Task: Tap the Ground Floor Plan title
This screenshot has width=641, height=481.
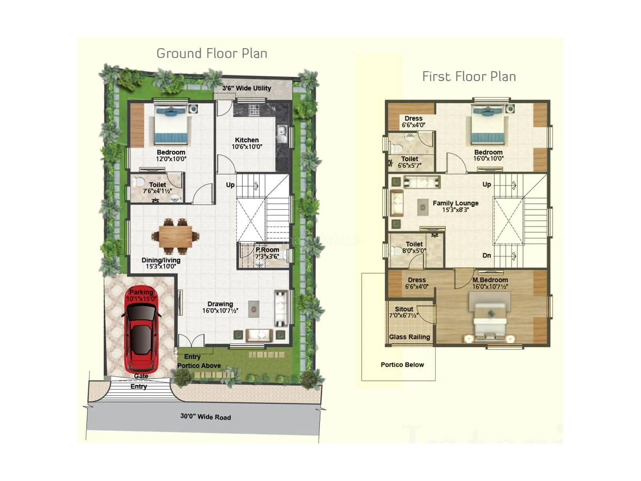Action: pyautogui.click(x=212, y=54)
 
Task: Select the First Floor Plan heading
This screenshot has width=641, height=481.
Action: pyautogui.click(x=469, y=77)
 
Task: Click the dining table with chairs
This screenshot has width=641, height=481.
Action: pyautogui.click(x=175, y=237)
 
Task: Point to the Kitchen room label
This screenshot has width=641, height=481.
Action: pyautogui.click(x=247, y=140)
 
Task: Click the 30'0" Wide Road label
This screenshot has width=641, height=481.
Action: pyautogui.click(x=206, y=417)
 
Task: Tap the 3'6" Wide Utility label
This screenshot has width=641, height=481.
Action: pyautogui.click(x=247, y=88)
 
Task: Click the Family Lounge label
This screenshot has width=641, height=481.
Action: pyautogui.click(x=456, y=203)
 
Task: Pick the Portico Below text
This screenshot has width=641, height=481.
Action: pyautogui.click(x=402, y=365)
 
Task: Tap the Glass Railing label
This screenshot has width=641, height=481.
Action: pyautogui.click(x=409, y=337)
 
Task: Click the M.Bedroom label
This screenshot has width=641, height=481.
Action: pyautogui.click(x=490, y=280)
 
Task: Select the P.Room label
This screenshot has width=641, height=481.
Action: pyautogui.click(x=267, y=250)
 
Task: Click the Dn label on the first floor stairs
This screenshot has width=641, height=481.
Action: pyautogui.click(x=487, y=255)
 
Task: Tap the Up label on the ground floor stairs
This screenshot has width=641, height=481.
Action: pyautogui.click(x=230, y=185)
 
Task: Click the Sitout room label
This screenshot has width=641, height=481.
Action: pyautogui.click(x=404, y=309)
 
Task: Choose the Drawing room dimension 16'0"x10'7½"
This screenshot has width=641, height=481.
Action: pyautogui.click(x=220, y=311)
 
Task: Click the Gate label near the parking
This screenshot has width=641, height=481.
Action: pyautogui.click(x=141, y=376)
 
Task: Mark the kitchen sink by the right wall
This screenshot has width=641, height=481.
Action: pyautogui.click(x=282, y=133)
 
